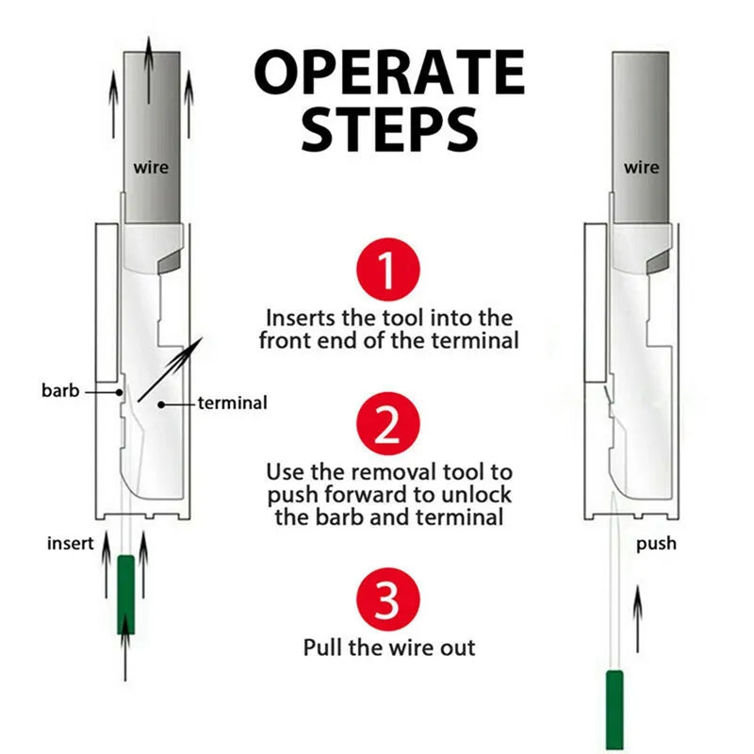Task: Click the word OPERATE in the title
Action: point(389,73)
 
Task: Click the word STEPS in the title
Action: point(388,129)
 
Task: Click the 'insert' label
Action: point(70,544)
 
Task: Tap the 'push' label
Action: point(656,544)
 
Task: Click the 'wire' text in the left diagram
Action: point(151,168)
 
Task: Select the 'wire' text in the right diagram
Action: point(641,168)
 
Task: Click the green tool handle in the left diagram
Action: point(126,594)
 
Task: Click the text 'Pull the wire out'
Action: point(389,647)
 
